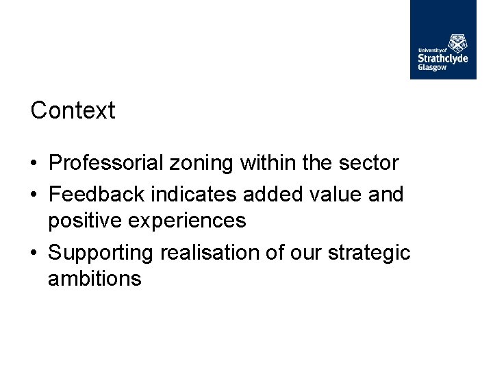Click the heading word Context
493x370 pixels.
pyautogui.click(x=73, y=110)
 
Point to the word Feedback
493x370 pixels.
pyautogui.click(x=97, y=194)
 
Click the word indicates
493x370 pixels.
pyautogui.click(x=194, y=194)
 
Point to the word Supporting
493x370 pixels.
pyautogui.click(x=101, y=253)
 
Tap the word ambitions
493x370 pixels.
pyautogui.click(x=94, y=279)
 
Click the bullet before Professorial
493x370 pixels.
pyautogui.click(x=34, y=164)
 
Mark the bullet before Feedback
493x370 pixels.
pyautogui.click(x=34, y=195)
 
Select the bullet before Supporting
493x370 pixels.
pyautogui.click(x=34, y=254)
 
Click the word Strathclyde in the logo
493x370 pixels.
pyautogui.click(x=443, y=58)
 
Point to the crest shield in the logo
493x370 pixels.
pyautogui.click(x=458, y=42)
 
